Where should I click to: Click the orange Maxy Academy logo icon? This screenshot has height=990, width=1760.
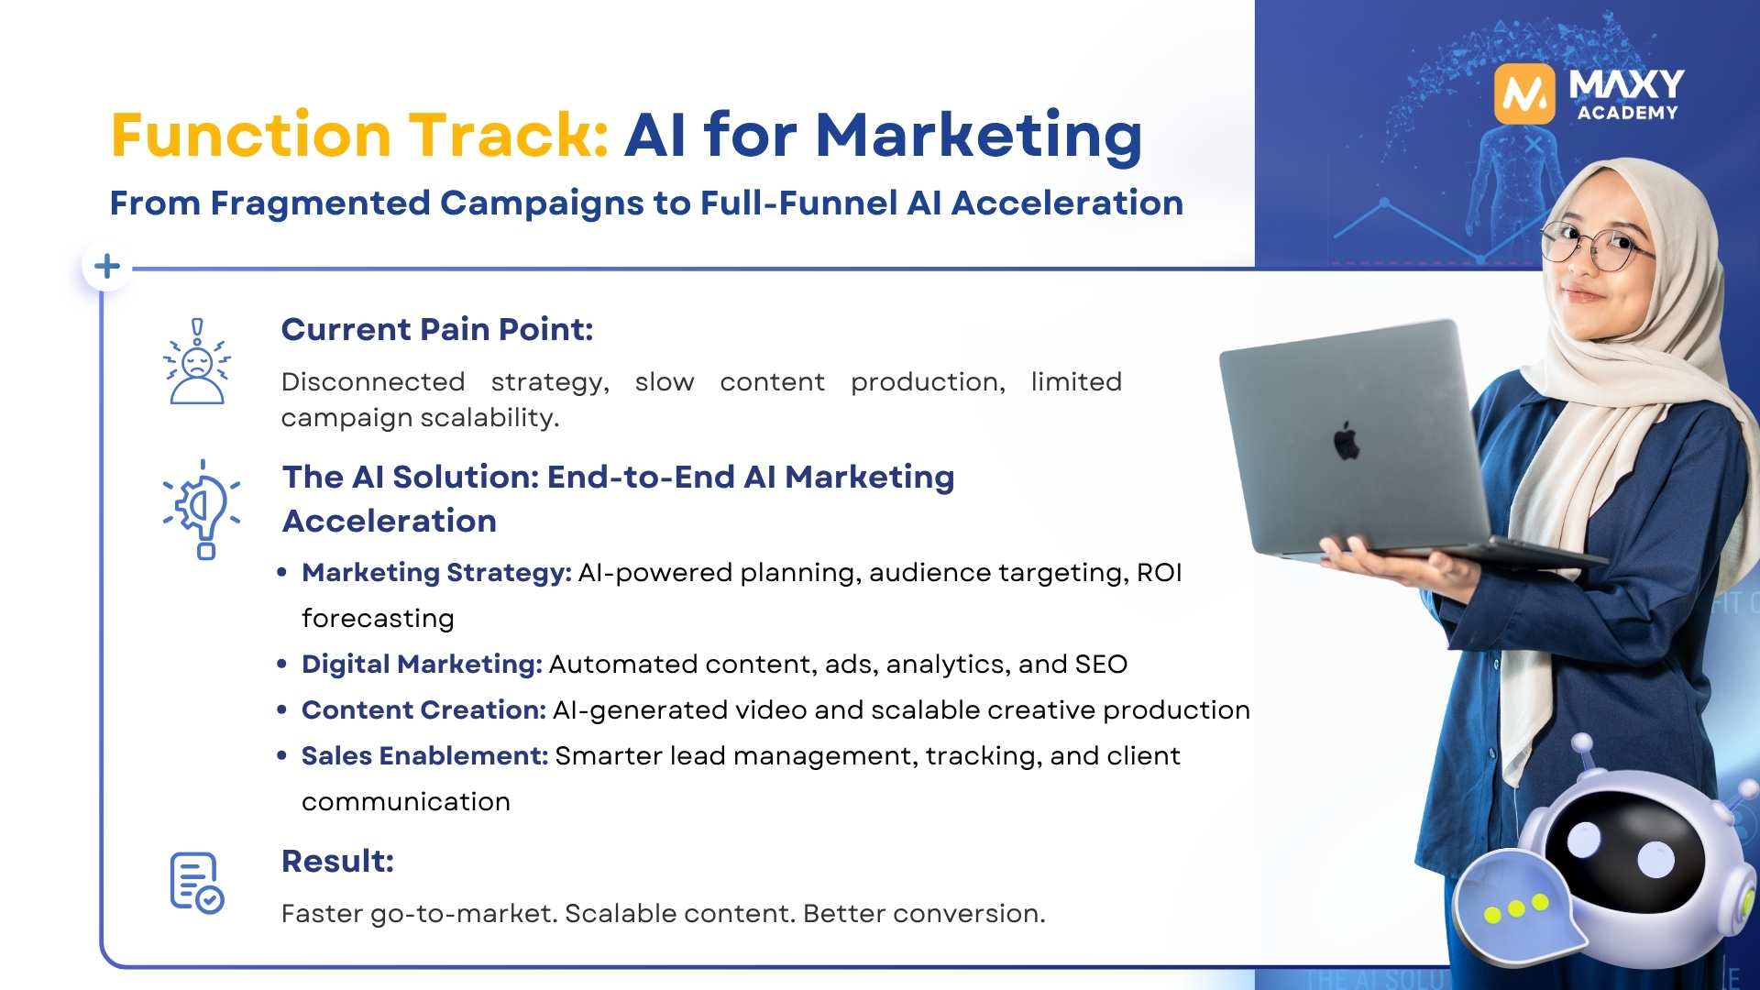(x=1523, y=93)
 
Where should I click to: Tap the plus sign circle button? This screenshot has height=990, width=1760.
(x=107, y=267)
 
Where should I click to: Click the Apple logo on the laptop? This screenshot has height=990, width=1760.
(x=1346, y=442)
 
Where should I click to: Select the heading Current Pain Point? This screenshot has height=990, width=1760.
(x=437, y=329)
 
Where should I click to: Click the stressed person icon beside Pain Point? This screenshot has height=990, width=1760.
(x=196, y=363)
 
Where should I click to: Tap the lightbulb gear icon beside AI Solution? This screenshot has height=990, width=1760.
(x=203, y=510)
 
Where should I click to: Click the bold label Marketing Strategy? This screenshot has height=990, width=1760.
(x=436, y=572)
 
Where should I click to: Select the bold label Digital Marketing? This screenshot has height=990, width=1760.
(x=422, y=664)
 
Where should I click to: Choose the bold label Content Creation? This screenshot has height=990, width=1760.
(x=423, y=709)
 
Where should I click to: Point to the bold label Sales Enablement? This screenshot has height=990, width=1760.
(x=424, y=755)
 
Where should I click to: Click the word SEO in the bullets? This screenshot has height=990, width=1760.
(x=1101, y=664)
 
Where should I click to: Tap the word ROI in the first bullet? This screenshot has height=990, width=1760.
(x=1159, y=572)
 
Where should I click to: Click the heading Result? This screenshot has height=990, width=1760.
(x=337, y=861)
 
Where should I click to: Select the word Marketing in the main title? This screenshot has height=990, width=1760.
(x=978, y=136)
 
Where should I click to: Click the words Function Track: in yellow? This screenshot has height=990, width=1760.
(x=359, y=136)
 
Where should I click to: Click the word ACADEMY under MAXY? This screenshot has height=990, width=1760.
(x=1627, y=113)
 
